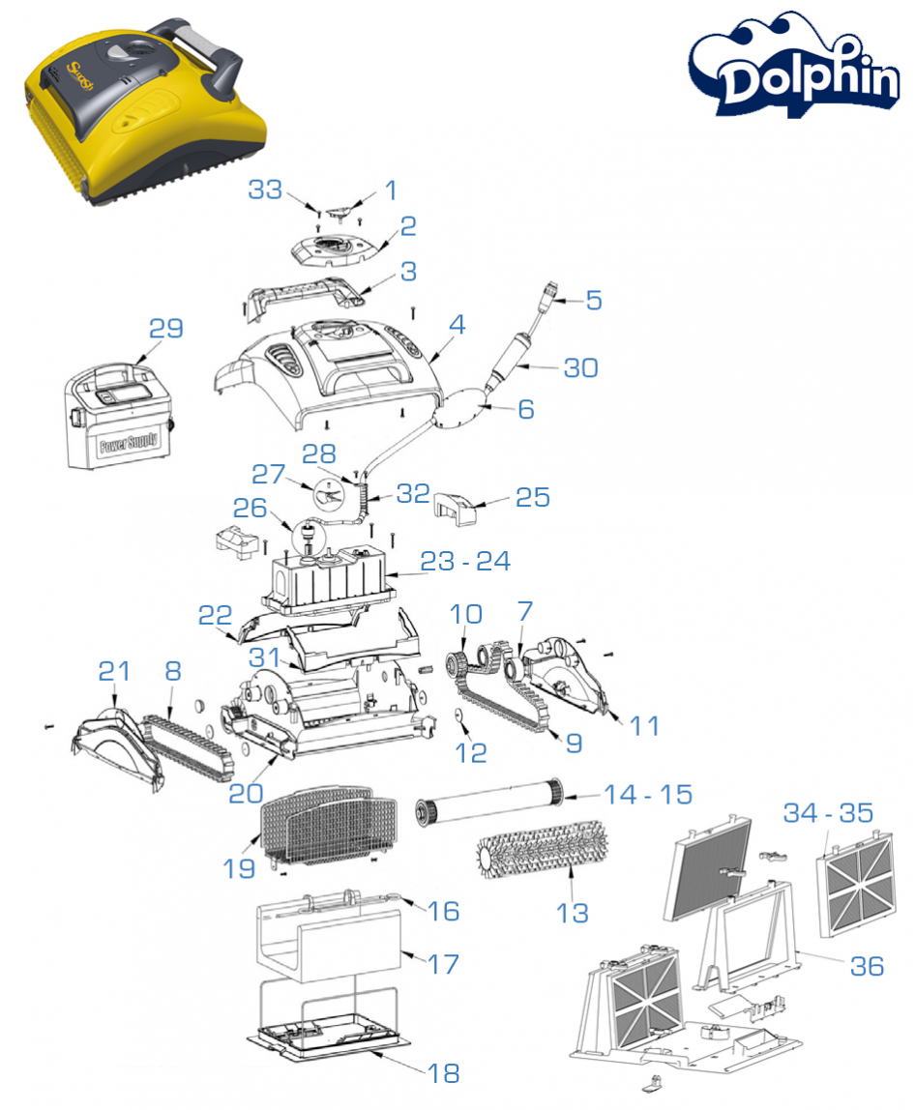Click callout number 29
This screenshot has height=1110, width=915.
coord(165,328)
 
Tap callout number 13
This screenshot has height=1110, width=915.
coord(572,911)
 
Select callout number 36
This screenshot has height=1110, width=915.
coord(867,964)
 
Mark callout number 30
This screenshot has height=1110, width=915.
coord(582,367)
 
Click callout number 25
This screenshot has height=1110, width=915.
coord(532,497)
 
